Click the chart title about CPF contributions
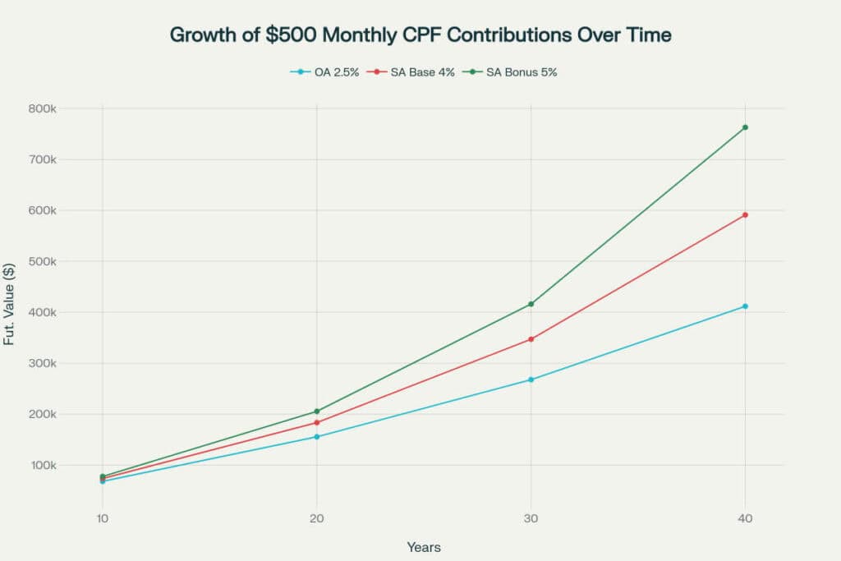pos(420,34)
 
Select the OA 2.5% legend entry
pos(324,72)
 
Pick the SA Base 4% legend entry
pos(414,72)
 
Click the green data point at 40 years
pos(745,127)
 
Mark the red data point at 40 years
pos(745,215)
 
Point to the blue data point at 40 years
pos(745,306)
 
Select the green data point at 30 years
pos(531,304)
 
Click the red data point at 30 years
pos(531,339)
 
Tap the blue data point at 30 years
pos(531,379)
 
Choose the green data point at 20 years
pos(317,412)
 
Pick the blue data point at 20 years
pos(317,437)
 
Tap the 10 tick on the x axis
pos(103,518)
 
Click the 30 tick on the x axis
pos(531,518)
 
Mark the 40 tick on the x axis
pos(745,518)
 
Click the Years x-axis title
pos(424,547)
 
